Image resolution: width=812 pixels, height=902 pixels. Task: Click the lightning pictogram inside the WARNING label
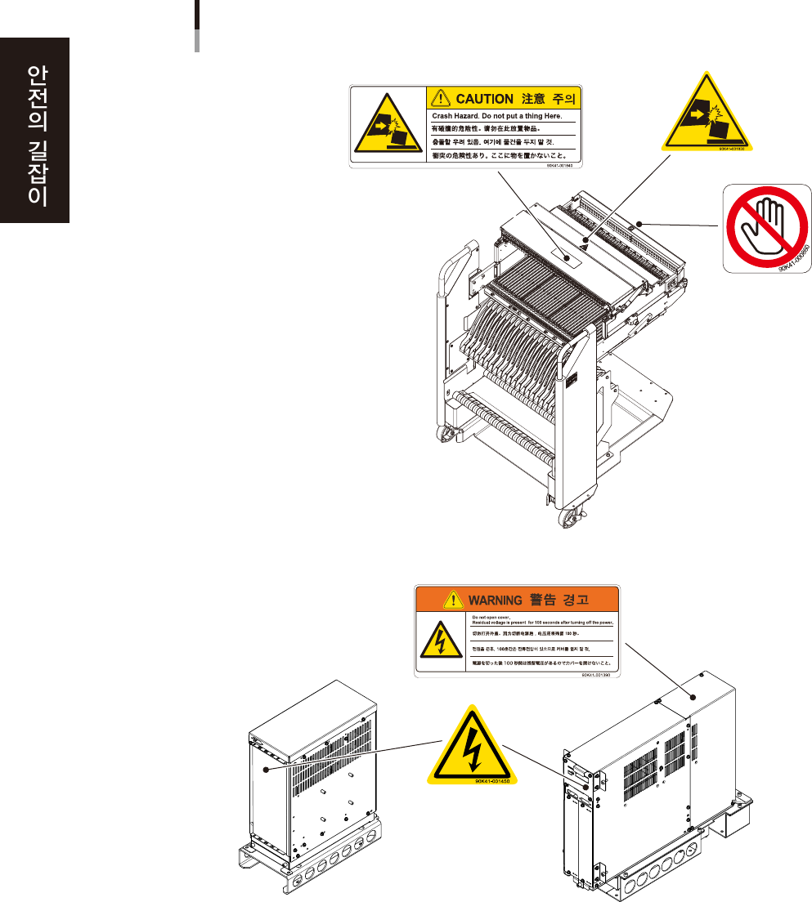pyautogui.click(x=440, y=641)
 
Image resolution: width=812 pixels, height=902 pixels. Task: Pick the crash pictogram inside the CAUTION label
pyautogui.click(x=386, y=127)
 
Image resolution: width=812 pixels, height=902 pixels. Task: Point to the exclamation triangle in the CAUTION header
pyautogui.click(x=440, y=99)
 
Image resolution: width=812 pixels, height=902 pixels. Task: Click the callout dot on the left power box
pyautogui.click(x=264, y=769)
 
